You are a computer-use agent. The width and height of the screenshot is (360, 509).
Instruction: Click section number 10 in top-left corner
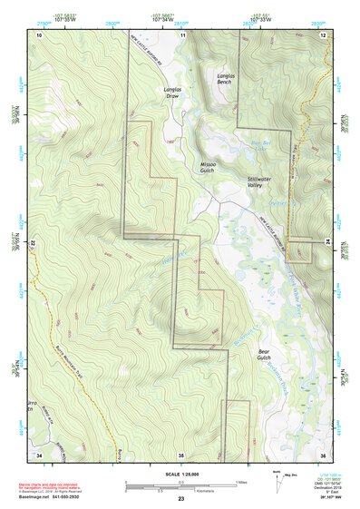39,34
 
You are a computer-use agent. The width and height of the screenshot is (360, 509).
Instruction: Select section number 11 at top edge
182,34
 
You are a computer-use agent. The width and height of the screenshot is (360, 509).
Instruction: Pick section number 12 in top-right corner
324,34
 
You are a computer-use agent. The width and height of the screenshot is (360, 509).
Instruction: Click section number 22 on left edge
34,244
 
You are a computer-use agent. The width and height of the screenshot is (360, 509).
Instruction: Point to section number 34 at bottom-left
39,454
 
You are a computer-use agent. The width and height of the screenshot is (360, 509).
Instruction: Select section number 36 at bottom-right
323,454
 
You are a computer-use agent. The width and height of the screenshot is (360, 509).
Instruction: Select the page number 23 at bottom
180,499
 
